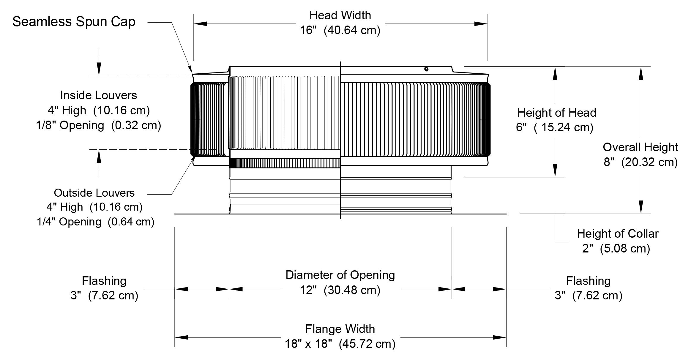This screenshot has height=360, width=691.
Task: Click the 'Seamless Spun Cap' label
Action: [74, 22]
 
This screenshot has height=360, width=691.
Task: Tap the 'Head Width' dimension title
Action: [340, 15]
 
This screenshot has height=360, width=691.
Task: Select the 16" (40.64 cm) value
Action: [340, 30]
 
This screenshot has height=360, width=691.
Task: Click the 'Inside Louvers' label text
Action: [99, 95]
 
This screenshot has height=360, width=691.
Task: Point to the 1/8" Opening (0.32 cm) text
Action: [99, 125]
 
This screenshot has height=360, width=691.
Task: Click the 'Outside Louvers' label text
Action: [94, 193]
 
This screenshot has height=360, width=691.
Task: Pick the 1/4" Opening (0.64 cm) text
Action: [96, 222]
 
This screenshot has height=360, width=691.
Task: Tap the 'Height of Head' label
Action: [557, 113]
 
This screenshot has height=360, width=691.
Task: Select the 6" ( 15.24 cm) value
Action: [555, 127]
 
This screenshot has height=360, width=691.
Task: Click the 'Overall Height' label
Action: [640, 147]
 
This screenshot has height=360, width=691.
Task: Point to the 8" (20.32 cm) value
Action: [640, 162]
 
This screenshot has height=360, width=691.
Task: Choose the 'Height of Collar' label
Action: [618, 234]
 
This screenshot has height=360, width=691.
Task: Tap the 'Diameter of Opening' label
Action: [340, 275]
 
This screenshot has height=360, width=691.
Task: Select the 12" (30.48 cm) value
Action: [340, 290]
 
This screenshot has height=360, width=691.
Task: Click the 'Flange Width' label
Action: [340, 329]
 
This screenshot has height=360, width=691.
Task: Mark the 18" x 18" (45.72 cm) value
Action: [340, 344]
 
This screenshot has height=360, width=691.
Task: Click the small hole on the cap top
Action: [427, 69]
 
